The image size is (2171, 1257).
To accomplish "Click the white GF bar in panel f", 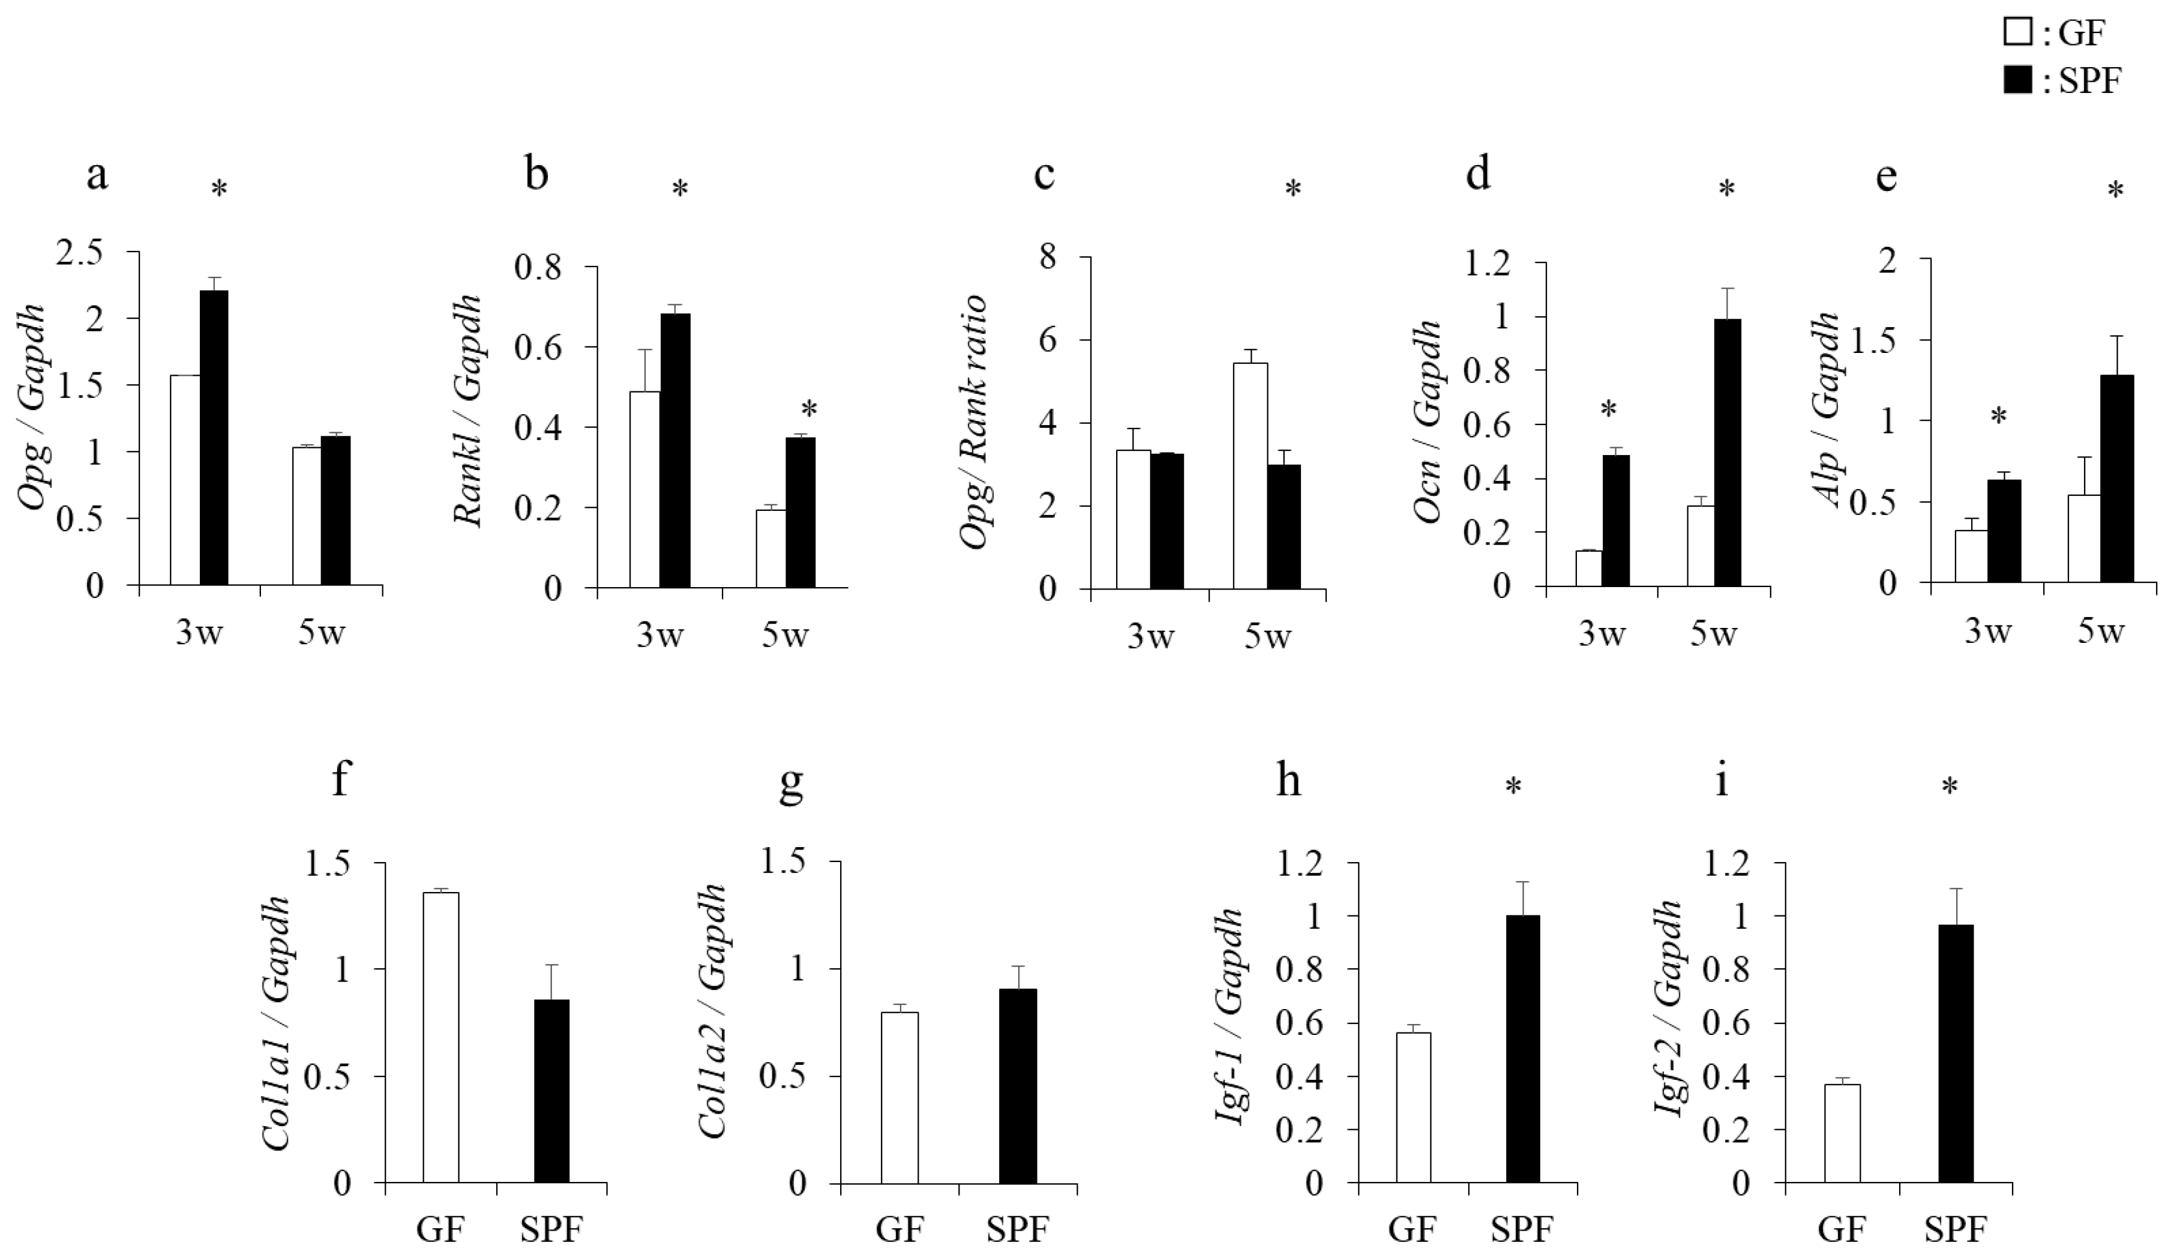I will pyautogui.click(x=440, y=1037).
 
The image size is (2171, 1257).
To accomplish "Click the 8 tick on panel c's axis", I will pyautogui.click(x=1048, y=257).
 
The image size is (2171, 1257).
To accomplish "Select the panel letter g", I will pyautogui.click(x=790, y=782).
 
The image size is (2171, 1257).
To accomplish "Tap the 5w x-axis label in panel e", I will pyautogui.click(x=2100, y=632).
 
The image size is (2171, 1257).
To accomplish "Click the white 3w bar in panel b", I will pyautogui.click(x=644, y=489).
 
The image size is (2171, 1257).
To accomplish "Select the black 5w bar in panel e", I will pyautogui.click(x=2118, y=479).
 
